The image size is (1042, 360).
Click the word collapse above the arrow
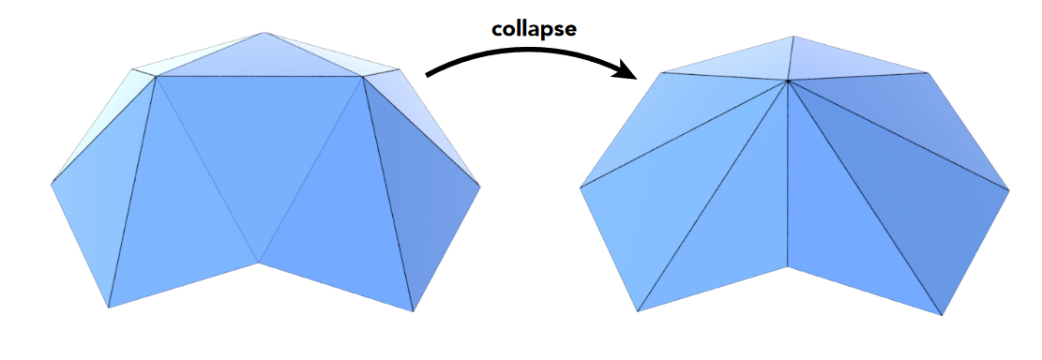tap(534, 28)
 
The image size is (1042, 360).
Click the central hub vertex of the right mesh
tap(787, 82)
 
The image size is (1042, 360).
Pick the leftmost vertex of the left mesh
tap(52, 184)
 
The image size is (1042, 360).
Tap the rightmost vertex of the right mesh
tap(1009, 191)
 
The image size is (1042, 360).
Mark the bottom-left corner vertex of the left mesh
tap(109, 307)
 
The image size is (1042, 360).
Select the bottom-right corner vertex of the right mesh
tap(941, 315)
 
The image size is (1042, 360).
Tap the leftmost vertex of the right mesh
tap(581, 186)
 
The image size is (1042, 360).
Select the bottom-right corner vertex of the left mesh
tap(414, 310)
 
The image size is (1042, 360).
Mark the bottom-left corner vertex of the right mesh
tap(638, 312)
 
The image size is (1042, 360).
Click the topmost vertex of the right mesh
tap(793, 37)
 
